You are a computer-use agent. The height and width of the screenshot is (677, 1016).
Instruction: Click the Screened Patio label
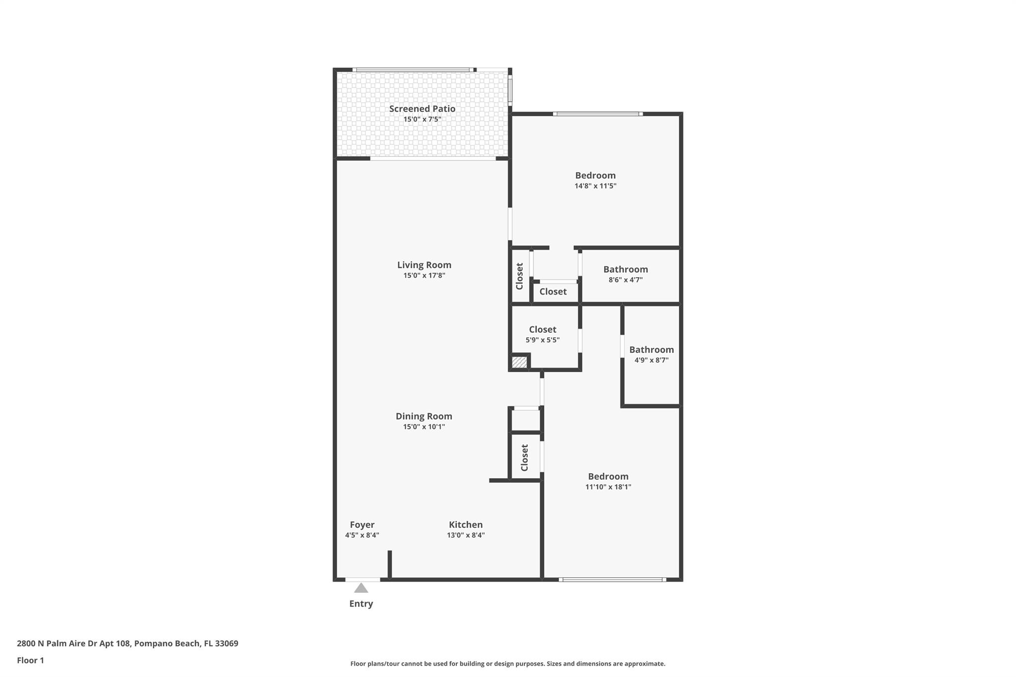(x=422, y=109)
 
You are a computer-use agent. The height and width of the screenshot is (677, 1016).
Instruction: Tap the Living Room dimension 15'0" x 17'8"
(x=424, y=276)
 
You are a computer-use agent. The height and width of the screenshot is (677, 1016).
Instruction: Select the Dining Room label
(x=424, y=416)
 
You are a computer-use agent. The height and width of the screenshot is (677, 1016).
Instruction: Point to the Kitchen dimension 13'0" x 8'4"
(x=465, y=535)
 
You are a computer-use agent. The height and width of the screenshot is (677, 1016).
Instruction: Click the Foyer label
(x=362, y=525)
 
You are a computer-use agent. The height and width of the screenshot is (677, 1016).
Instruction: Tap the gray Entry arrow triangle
(x=361, y=588)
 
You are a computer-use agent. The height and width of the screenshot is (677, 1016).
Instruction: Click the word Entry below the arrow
(x=361, y=604)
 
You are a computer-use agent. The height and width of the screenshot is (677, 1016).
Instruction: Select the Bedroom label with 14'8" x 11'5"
(x=595, y=175)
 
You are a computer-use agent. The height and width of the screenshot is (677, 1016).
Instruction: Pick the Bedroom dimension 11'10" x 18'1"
(x=608, y=487)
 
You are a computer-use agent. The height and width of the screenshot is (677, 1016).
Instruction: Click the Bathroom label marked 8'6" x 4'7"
(x=626, y=269)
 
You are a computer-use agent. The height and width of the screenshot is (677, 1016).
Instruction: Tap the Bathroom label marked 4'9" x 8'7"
(x=651, y=350)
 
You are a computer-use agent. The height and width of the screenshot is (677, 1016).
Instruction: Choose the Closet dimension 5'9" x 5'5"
(x=542, y=340)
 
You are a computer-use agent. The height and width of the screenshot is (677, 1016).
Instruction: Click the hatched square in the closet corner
(x=519, y=362)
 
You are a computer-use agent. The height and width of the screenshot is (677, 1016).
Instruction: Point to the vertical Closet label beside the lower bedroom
(x=525, y=457)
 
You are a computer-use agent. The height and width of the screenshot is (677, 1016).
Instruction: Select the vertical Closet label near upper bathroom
(x=519, y=276)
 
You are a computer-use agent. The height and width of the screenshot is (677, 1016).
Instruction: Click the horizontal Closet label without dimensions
(x=553, y=292)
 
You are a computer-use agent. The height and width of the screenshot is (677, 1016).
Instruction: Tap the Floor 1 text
(x=30, y=660)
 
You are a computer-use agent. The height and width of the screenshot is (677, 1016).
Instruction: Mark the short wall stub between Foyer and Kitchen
(x=390, y=564)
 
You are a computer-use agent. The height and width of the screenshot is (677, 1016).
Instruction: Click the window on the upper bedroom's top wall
(x=597, y=114)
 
